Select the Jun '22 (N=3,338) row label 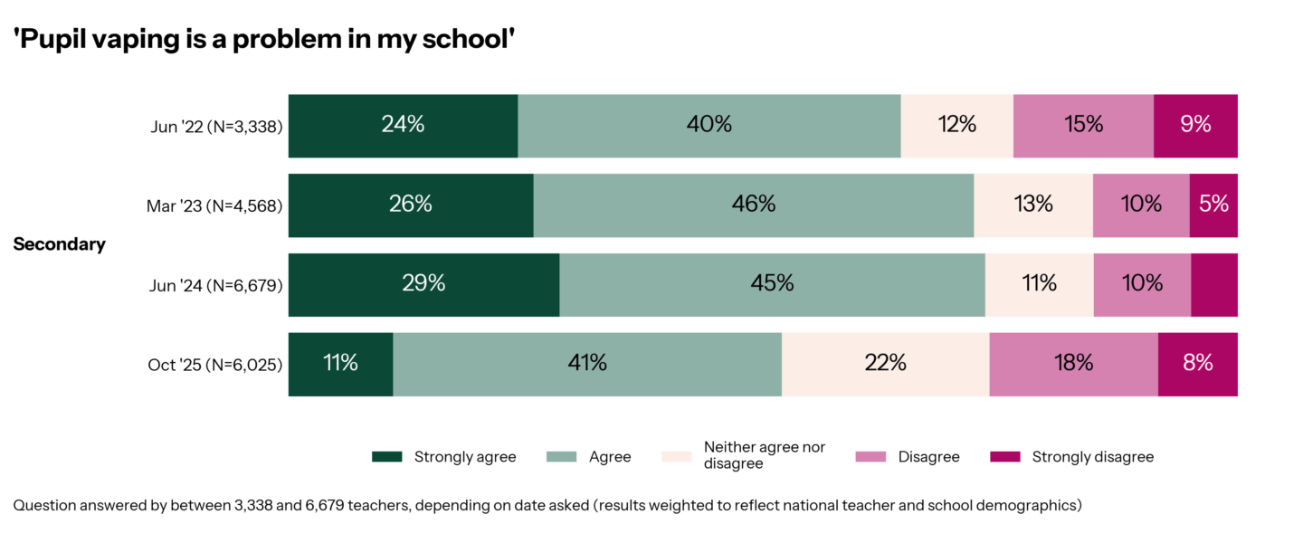(x=216, y=127)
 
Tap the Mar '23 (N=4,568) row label (x=214, y=206)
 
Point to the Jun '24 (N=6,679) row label (x=216, y=286)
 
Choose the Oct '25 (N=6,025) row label (x=215, y=366)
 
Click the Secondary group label (x=60, y=244)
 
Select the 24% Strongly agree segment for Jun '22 (x=403, y=126)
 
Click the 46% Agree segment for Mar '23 (x=753, y=205)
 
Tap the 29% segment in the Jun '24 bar (x=423, y=285)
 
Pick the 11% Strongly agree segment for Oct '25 (x=340, y=364)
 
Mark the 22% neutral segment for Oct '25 (x=885, y=364)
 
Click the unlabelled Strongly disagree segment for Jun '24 (x=1214, y=285)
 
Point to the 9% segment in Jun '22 (x=1195, y=126)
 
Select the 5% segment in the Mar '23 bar (x=1213, y=205)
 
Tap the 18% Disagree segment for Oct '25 (x=1073, y=364)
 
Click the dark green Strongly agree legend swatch (x=386, y=457)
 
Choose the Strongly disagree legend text (x=1092, y=457)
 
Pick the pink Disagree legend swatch (x=870, y=457)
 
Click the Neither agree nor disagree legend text (x=764, y=456)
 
